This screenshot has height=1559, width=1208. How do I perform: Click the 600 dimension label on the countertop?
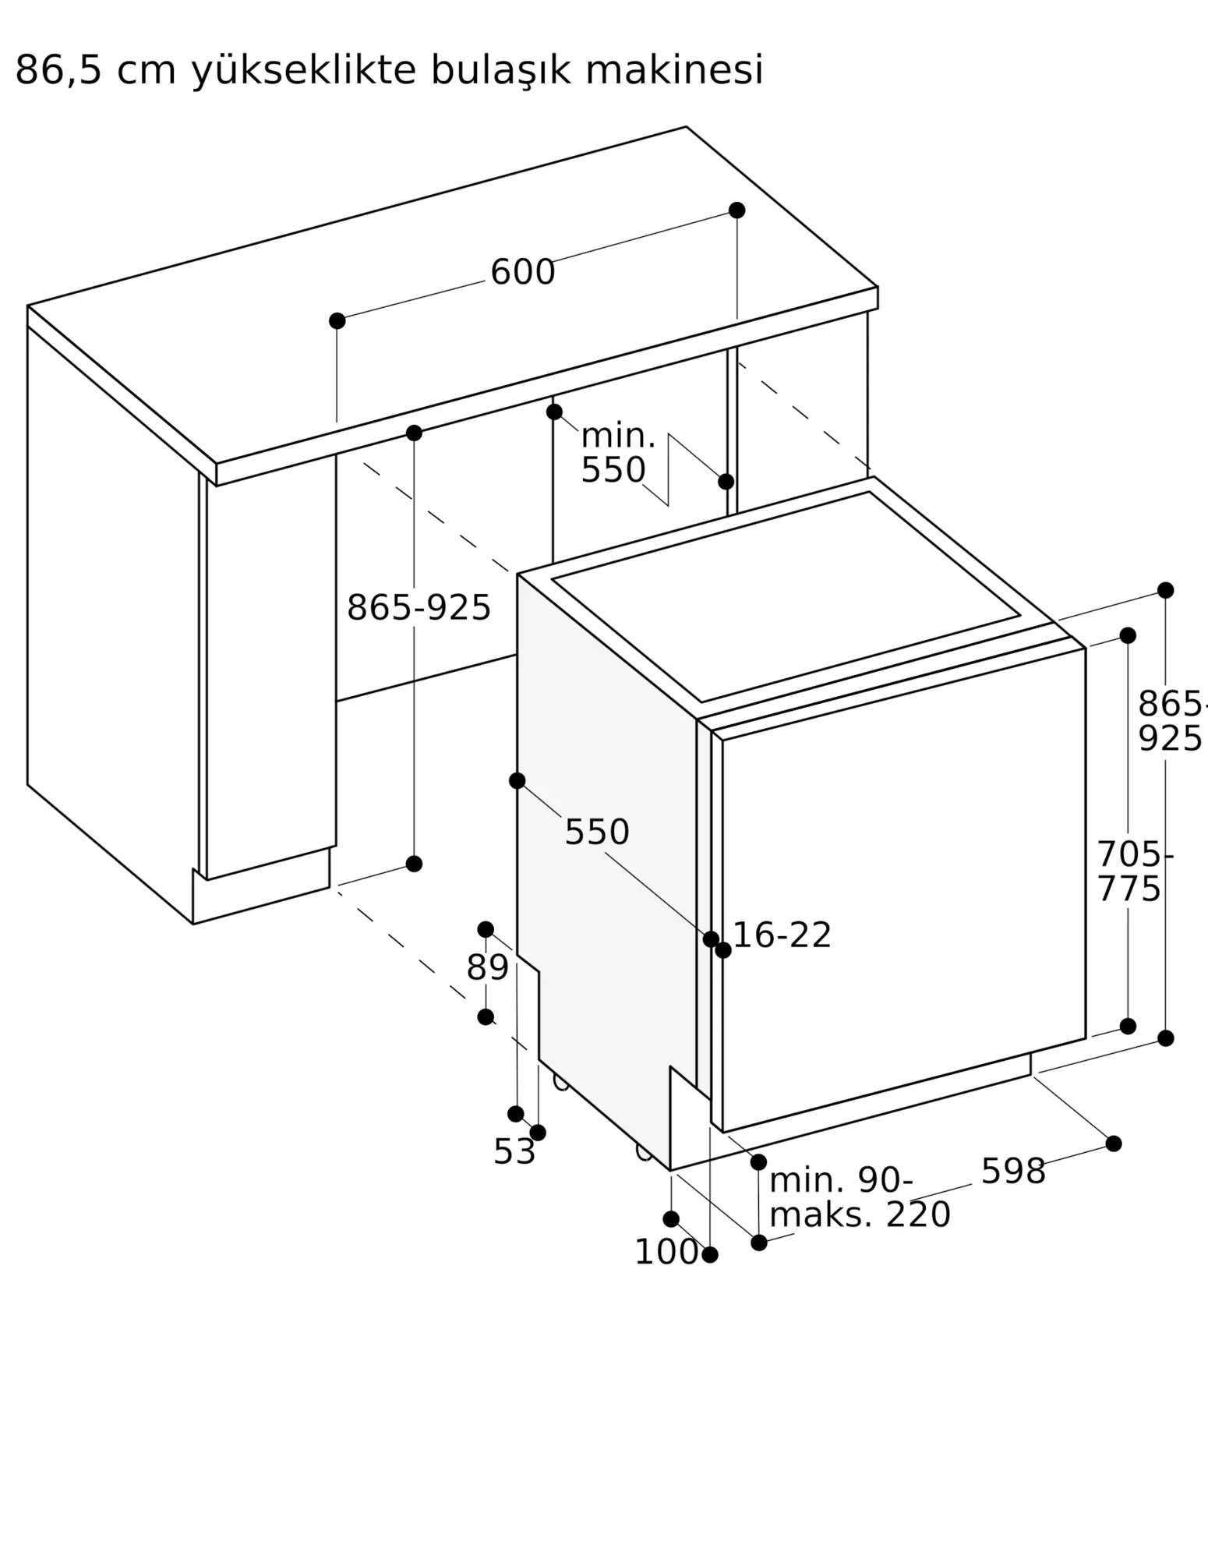pos(522,272)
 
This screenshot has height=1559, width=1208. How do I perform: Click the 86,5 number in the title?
pos(59,72)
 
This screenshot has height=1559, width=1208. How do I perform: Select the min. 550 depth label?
pos(618,453)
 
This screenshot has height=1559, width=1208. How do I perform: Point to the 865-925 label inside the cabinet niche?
pos(419,607)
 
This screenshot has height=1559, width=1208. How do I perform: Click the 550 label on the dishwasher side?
pos(597,833)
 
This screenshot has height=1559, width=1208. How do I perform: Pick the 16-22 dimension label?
pos(782,935)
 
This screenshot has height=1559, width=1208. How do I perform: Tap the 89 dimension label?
pos(487,968)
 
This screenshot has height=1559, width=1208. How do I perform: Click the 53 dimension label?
pos(514,1152)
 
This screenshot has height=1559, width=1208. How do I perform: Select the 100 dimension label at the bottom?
pos(666,1253)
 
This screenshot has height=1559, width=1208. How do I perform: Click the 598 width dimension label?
pos(1012,1172)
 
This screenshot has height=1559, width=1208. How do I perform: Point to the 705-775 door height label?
pos(1135,871)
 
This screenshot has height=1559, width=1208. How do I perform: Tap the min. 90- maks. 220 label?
pos(860,1197)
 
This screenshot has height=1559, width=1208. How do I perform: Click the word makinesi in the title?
pos(674,71)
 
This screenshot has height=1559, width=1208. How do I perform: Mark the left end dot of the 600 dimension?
pos(337,321)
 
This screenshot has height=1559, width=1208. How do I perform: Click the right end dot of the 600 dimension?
pos(736,210)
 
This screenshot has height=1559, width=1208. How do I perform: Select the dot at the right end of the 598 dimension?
pos(1114,1144)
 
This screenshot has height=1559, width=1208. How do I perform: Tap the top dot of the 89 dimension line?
pos(486,929)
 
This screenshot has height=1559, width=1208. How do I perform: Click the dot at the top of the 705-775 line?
pos(1128,635)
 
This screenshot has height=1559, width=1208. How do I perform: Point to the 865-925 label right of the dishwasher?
pos(1171,721)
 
